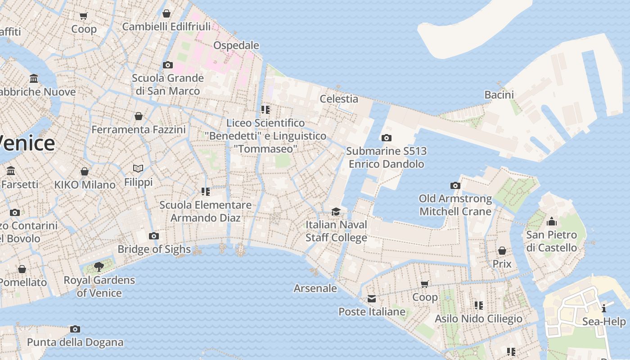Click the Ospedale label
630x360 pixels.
pos(236,45)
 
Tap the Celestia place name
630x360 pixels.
pos(339,99)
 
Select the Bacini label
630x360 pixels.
pos(499,95)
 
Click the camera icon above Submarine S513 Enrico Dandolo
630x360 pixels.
pos(386,138)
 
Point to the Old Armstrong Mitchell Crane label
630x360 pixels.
pos(455,205)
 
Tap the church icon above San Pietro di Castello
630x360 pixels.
pos(551,222)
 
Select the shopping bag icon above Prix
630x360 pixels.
pos(502,251)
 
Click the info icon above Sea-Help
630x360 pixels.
pos(603,308)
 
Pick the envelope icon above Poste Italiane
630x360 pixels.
pos(372,299)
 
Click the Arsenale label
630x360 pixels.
pos(315,288)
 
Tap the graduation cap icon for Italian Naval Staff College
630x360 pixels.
pos(336,211)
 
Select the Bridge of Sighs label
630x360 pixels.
pos(154,249)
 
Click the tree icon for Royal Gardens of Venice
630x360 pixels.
pos(99,267)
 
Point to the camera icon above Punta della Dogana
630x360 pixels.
pos(75,329)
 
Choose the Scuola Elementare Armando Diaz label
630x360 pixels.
pos(206,211)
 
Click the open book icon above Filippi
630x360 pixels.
pos(138,169)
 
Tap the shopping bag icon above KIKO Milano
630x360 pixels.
pos(84,171)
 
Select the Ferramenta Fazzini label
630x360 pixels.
pos(139,130)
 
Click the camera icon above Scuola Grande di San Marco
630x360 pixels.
pos(167,65)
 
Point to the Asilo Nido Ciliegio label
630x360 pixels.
pos(478,319)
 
